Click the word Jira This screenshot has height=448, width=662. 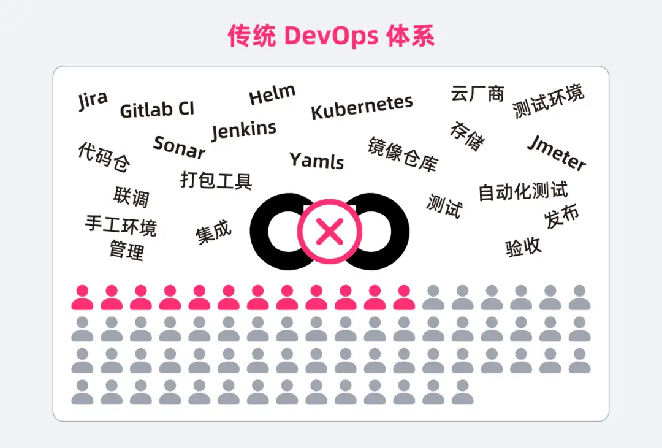[93, 100]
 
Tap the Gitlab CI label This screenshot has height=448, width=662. [157, 110]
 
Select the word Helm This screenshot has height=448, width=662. [272, 94]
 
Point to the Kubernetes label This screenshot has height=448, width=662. [362, 107]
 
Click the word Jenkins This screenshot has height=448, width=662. [244, 130]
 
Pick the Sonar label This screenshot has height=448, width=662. [179, 147]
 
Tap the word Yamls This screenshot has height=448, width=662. [317, 161]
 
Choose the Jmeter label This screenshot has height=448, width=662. [557, 153]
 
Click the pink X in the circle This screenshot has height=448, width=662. [330, 232]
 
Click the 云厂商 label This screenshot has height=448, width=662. [477, 93]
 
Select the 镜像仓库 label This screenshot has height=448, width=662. [403, 154]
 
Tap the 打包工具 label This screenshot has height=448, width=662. [216, 180]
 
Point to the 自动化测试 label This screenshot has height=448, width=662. [523, 191]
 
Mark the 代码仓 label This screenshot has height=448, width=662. [104, 157]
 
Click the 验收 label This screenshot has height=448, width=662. [523, 246]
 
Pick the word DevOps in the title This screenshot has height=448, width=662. [331, 36]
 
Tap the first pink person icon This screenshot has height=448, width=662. [82, 297]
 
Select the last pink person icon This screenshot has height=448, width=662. [404, 297]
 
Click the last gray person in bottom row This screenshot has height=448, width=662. [462, 392]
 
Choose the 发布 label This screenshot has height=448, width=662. [561, 216]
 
